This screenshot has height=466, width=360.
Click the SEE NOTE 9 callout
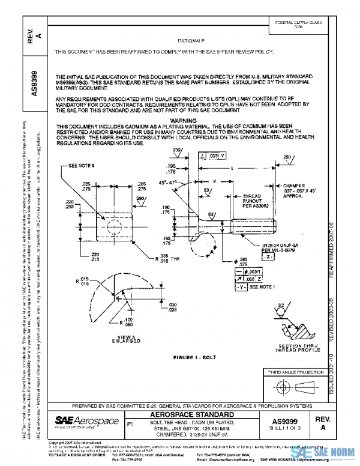click(x=83, y=166)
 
